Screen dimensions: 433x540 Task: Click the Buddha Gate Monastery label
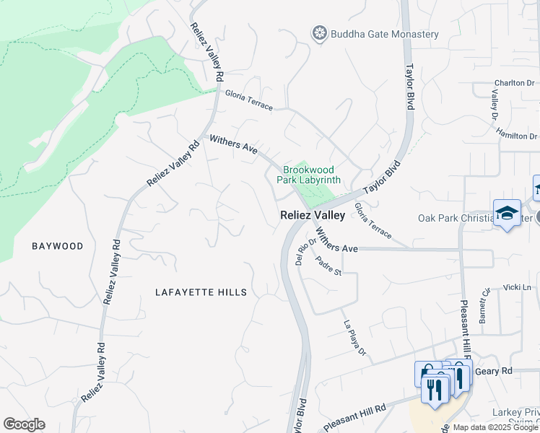(x=384, y=34)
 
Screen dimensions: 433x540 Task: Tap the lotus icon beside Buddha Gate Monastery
(x=319, y=33)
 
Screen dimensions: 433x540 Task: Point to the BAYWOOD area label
(x=58, y=246)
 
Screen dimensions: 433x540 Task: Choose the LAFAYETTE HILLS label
(x=201, y=292)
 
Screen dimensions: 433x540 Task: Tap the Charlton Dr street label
(x=514, y=83)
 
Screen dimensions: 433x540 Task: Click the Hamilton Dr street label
(x=517, y=134)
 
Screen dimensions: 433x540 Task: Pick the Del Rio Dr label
(x=302, y=253)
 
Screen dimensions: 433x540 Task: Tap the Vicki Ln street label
(x=517, y=287)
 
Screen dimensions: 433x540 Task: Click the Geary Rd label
(x=497, y=371)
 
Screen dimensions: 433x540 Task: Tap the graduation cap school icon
(x=507, y=213)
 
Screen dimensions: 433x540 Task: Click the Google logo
(x=24, y=424)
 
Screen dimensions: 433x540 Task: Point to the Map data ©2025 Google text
(x=495, y=427)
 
